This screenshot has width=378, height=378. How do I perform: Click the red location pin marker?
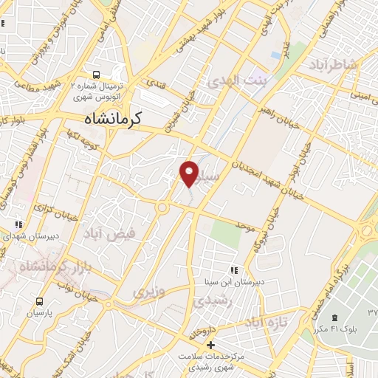coord(190,173)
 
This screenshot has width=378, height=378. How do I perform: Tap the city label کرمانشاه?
coord(113,117)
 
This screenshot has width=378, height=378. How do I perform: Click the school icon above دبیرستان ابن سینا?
coord(235,271)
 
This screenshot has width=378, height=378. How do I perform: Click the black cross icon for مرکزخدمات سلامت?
coord(210,345)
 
